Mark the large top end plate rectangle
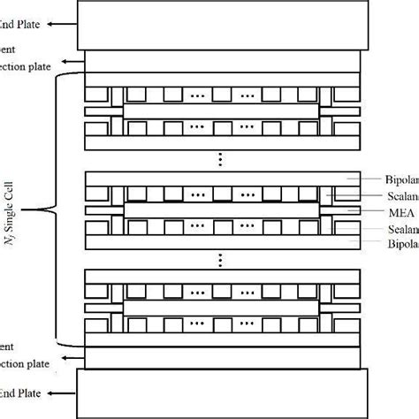click(221, 24)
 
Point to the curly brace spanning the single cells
click(50, 209)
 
